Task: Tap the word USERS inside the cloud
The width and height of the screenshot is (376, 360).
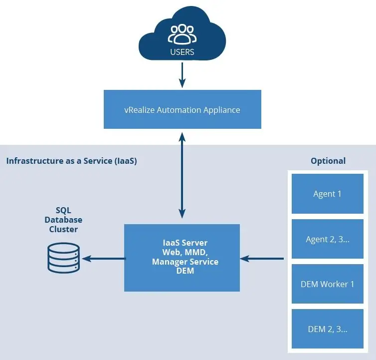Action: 182,51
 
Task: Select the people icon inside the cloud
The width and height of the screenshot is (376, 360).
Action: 182,34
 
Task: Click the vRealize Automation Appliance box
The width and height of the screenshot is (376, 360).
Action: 182,109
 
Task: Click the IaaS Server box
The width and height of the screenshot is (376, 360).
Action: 182,257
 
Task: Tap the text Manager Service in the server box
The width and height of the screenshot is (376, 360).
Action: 185,262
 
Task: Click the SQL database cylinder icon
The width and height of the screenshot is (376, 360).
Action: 63,258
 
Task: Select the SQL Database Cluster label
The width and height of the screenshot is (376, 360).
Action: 63,220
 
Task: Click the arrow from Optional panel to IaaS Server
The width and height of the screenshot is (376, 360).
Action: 262,258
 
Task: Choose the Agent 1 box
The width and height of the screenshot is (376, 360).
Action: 327,194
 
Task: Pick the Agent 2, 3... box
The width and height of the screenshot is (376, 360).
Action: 327,239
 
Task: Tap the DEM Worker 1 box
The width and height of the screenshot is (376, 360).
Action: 327,284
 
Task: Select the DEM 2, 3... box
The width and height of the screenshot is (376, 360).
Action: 327,329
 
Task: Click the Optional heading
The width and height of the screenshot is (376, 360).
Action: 328,161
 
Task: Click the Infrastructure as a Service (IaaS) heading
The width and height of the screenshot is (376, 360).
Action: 71,161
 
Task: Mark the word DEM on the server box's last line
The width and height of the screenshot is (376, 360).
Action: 185,271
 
